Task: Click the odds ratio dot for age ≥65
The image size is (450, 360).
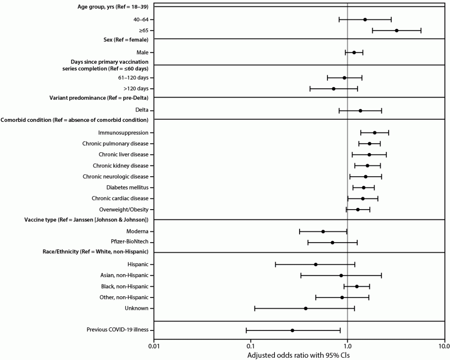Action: click(396, 30)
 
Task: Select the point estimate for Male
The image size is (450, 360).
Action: click(354, 52)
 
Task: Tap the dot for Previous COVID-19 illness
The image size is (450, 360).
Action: click(292, 330)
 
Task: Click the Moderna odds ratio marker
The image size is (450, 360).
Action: click(323, 231)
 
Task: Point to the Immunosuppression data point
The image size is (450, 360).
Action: click(374, 133)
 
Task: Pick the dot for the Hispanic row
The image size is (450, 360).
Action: click(316, 264)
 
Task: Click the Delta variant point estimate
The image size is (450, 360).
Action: click(360, 111)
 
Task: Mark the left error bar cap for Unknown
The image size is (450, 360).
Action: click(255, 308)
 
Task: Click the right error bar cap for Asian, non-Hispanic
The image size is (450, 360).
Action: click(381, 275)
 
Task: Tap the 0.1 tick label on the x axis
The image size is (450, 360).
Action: click(251, 346)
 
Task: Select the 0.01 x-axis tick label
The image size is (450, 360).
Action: click(154, 346)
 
